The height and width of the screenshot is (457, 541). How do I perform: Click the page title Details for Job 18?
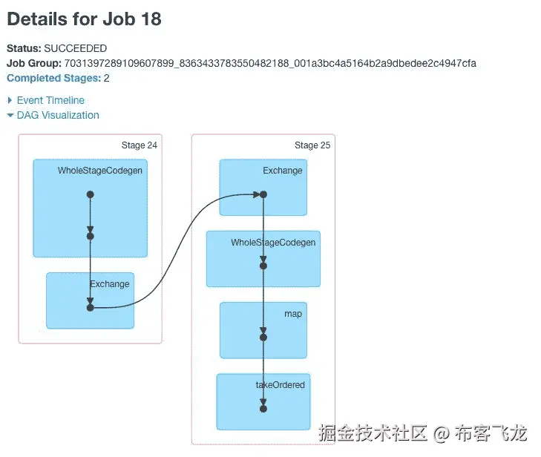click(x=84, y=19)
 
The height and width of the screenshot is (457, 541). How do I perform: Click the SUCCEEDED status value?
click(x=75, y=48)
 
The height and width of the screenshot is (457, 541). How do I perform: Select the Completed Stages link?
click(x=53, y=78)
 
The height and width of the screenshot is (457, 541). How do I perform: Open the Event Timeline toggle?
click(x=50, y=100)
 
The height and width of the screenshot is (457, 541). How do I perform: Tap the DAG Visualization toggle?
click(x=57, y=115)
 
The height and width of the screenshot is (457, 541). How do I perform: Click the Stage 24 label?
click(x=139, y=145)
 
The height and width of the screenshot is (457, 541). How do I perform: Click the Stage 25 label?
click(x=312, y=145)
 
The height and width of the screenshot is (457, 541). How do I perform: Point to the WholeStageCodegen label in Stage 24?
click(x=100, y=171)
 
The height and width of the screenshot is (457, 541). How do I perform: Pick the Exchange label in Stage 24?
click(x=109, y=284)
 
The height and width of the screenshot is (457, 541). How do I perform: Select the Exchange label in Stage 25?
click(x=282, y=171)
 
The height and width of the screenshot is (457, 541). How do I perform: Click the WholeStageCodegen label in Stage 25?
click(x=273, y=243)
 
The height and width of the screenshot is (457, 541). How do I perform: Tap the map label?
click(x=292, y=314)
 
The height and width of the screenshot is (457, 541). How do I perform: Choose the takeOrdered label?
click(x=280, y=385)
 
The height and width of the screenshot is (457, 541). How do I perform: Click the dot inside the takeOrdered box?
click(x=263, y=408)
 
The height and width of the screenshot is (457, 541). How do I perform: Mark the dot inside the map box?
click(x=263, y=337)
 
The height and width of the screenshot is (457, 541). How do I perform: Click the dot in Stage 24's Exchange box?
click(x=90, y=307)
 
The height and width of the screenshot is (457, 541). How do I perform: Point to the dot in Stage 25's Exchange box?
click(x=263, y=194)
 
